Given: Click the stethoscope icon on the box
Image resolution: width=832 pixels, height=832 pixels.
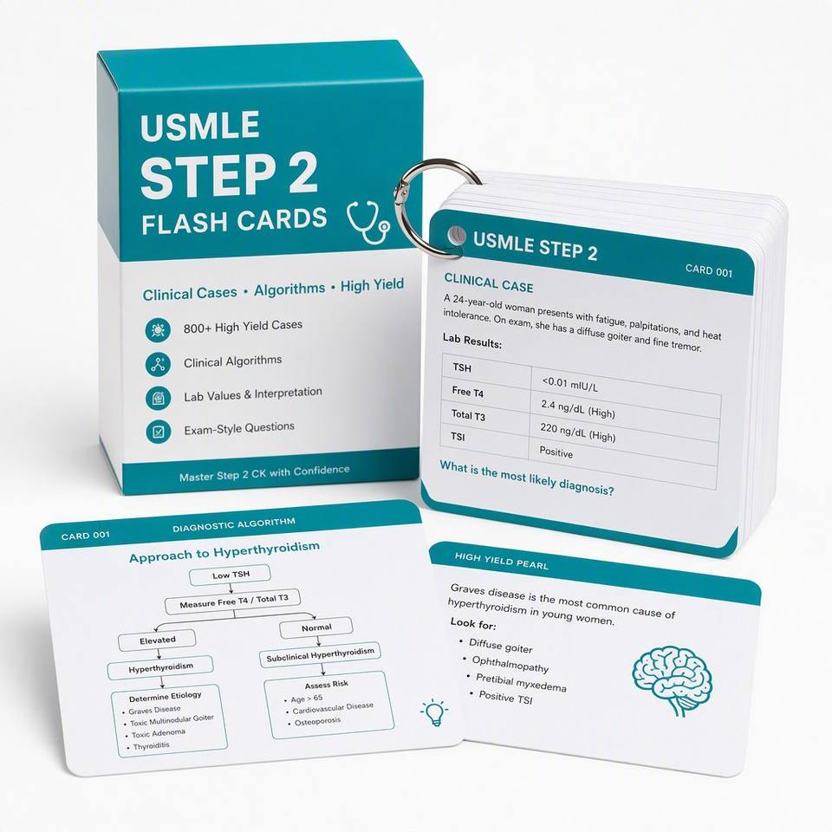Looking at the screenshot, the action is point(367,223).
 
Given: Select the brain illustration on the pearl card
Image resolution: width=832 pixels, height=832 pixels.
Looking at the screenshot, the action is point(671,680).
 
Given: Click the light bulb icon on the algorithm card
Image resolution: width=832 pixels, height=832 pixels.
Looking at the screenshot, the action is point(434,712).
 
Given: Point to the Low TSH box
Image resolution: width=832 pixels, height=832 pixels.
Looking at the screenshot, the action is point(231,575).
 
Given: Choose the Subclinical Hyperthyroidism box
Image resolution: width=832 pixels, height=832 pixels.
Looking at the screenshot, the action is point(320,655).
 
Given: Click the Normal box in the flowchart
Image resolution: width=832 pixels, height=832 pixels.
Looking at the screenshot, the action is point(316,627).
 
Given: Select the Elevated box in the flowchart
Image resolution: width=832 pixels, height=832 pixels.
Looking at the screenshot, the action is point(157,640).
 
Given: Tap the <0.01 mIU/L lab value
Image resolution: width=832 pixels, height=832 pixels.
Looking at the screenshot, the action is point(570,384).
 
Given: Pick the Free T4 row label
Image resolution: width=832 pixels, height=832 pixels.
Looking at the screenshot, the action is point(467,393).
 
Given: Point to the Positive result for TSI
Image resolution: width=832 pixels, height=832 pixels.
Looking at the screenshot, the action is point(556,452).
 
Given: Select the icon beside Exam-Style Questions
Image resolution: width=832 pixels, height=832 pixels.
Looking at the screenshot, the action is point(158,432).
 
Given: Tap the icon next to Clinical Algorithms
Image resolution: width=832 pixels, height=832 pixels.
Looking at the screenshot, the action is point(158,365).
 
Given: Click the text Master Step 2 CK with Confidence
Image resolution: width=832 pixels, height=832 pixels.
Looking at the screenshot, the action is point(264,473).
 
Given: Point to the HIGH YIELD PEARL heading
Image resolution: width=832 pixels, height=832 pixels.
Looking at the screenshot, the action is point(502,561).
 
